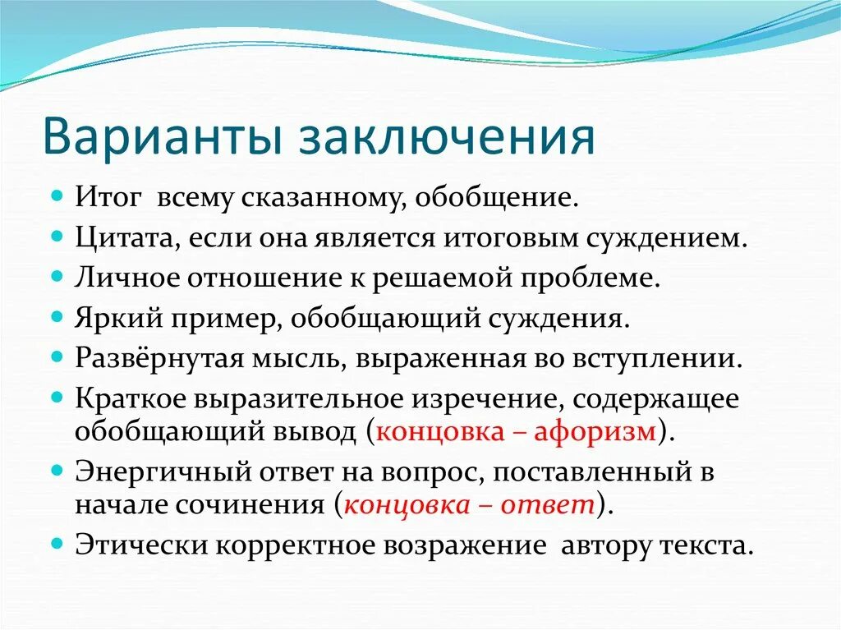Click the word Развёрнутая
pos(153,357)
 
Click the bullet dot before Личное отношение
pos(57,277)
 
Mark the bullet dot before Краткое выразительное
pos(57,397)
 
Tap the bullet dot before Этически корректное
pos(57,544)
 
